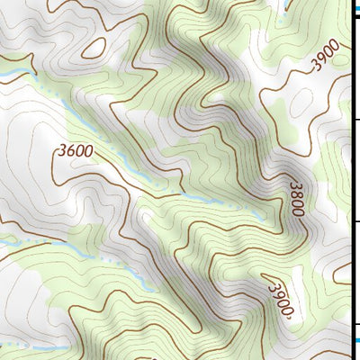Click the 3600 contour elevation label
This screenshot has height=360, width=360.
75,151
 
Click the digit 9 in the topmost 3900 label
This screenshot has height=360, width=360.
323,58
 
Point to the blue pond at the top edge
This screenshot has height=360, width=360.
286,4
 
